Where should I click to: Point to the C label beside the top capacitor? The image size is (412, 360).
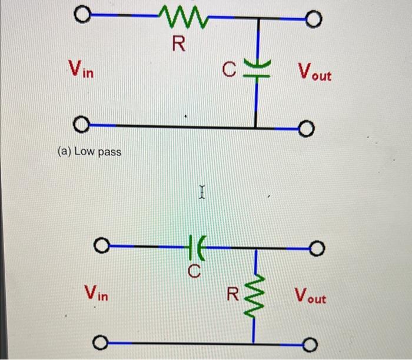click(x=230, y=72)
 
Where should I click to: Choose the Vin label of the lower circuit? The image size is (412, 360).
click(x=96, y=292)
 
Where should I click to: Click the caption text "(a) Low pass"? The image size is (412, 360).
click(x=89, y=152)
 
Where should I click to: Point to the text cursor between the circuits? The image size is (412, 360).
click(x=202, y=192)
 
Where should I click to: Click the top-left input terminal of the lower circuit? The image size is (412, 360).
click(x=101, y=245)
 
